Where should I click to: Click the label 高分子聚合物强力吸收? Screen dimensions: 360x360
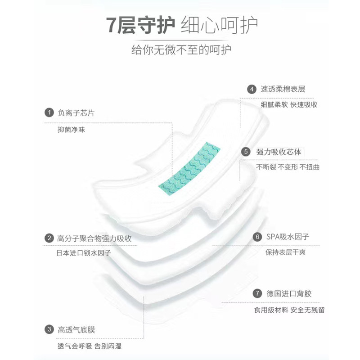(94, 238)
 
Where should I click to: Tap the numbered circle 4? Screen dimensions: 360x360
(252, 89)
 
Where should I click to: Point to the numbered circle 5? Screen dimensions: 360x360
(246, 151)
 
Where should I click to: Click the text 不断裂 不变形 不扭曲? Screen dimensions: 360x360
(288, 167)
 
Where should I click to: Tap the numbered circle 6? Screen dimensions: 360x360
(257, 236)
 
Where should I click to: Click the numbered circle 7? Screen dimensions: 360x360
(257, 294)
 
